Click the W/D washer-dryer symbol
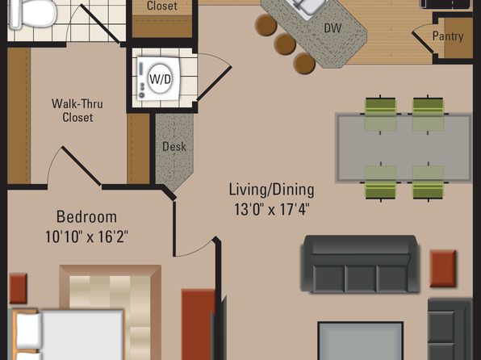tap(158, 78)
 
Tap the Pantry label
tap(448, 36)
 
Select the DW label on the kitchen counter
tap(333, 28)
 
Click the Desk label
tap(174, 147)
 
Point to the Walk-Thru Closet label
tap(77, 111)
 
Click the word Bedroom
tap(86, 217)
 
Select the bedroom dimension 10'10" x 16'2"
tap(86, 237)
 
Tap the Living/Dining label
tap(271, 190)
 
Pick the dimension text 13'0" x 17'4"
tap(271, 210)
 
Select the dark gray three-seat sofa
tap(360, 264)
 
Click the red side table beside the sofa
tap(442, 269)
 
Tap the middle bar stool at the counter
tap(285, 44)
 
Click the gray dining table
tap(404, 148)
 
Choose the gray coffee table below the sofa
tap(361, 341)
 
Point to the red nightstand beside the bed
tap(18, 288)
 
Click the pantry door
tap(422, 42)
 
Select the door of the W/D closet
tap(214, 83)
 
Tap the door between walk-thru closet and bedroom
tap(82, 166)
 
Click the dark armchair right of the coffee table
tap(450, 329)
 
